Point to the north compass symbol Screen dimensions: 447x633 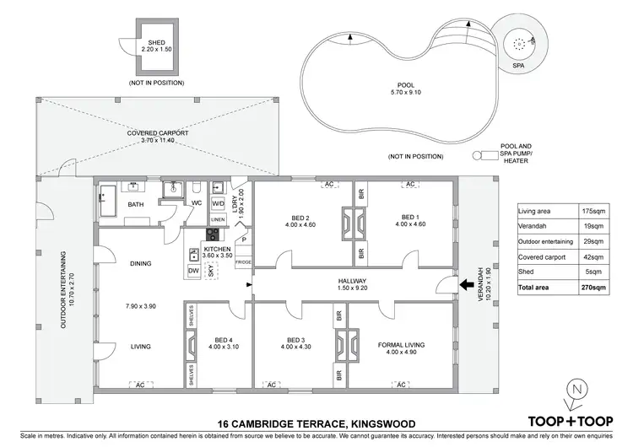click(x=576, y=391)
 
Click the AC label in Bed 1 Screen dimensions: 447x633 click(x=410, y=184)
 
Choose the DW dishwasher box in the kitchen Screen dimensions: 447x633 click(x=193, y=270)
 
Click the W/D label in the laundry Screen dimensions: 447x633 click(x=217, y=203)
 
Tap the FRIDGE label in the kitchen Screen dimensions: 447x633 click(x=243, y=262)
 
